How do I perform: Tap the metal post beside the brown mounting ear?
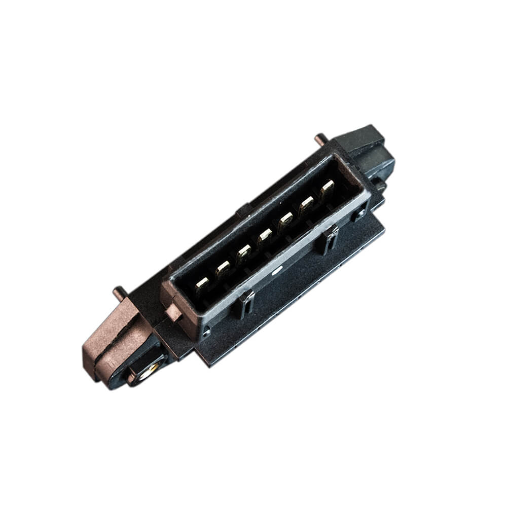tap(120, 292)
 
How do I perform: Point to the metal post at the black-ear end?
tap(320, 137)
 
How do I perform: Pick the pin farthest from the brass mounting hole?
tap(327, 188)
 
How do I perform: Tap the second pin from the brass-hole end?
tap(223, 268)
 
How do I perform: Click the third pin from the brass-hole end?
tap(244, 251)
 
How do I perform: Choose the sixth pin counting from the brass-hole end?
tap(306, 203)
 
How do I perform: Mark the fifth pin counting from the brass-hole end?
tap(285, 219)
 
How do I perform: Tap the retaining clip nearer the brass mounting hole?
tap(245, 302)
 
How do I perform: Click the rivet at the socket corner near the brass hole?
tap(206, 332)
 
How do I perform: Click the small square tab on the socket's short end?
tap(172, 312)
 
